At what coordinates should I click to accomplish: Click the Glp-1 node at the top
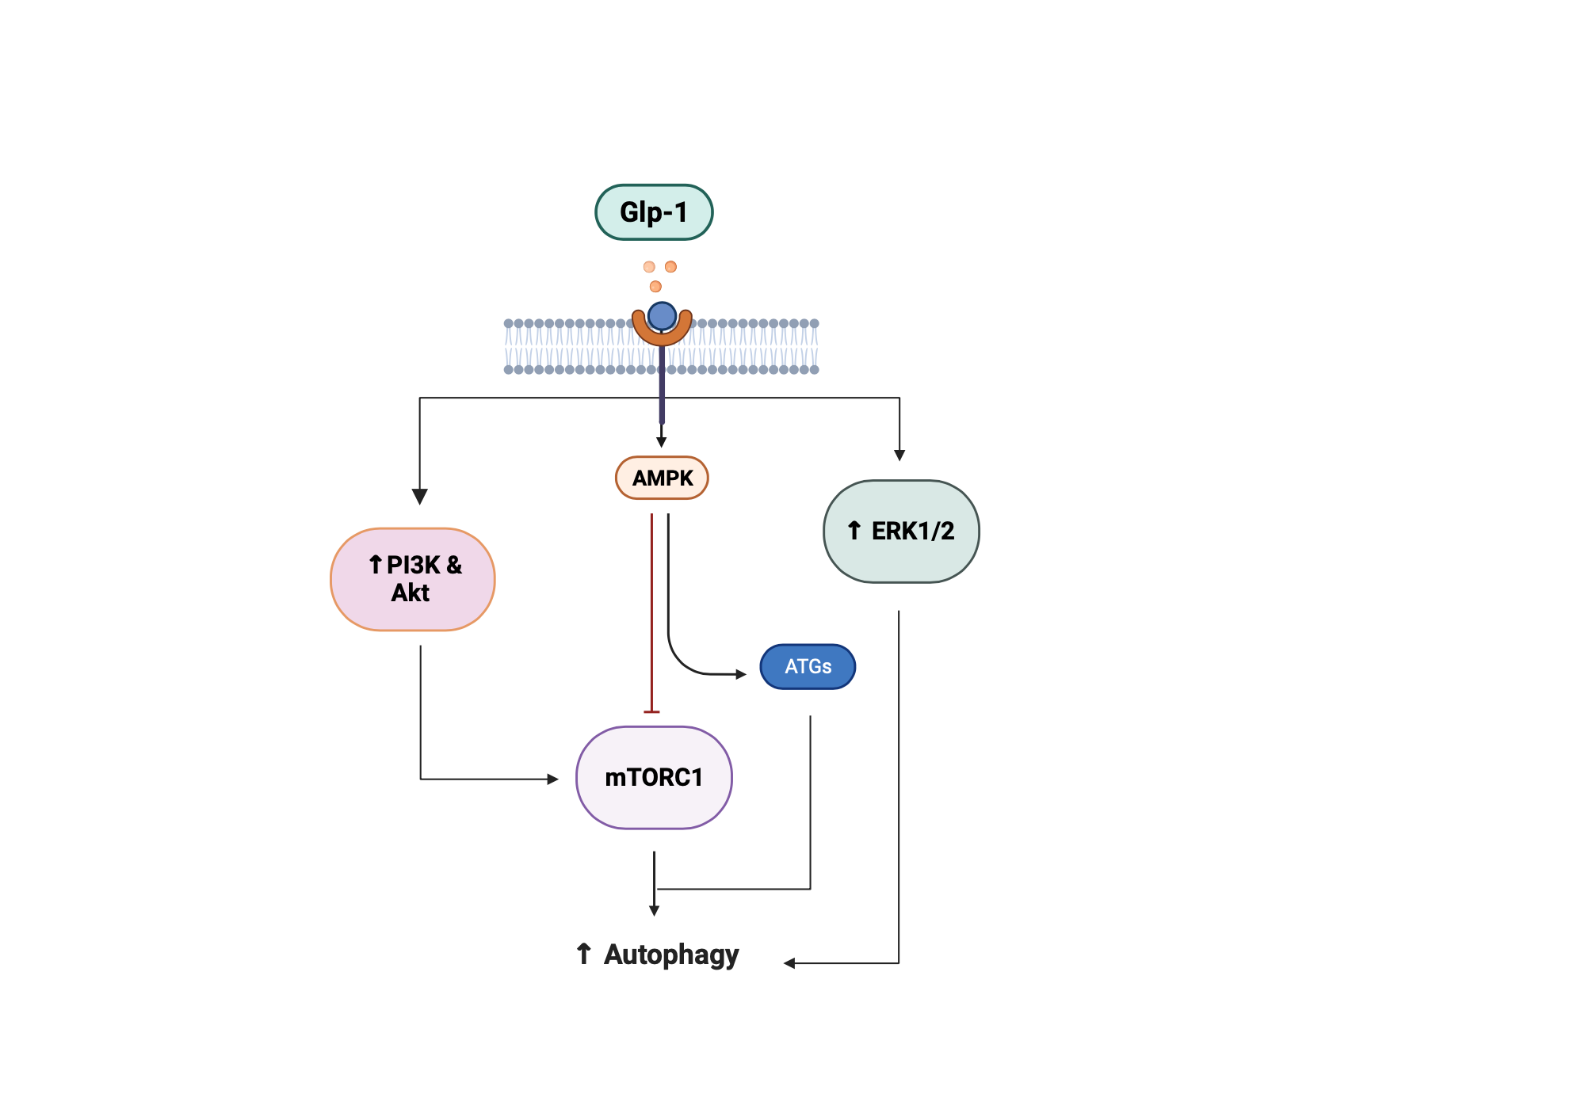pos(654,212)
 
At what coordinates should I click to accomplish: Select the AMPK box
pos(662,478)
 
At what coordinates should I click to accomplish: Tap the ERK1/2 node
pos(901,531)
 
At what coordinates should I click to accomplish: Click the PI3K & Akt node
pos(412,579)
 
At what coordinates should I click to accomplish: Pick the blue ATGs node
pos(808,666)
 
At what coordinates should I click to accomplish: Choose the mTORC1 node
pos(654,777)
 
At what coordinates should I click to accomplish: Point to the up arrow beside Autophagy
pos(584,953)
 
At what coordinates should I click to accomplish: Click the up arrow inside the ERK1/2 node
pos(854,530)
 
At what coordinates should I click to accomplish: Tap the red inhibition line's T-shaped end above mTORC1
pos(651,711)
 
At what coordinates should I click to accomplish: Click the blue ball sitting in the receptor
pos(662,316)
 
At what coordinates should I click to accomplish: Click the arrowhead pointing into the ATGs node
pos(741,674)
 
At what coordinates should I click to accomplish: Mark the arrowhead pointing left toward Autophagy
pos(789,963)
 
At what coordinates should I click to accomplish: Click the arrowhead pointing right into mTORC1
pos(553,779)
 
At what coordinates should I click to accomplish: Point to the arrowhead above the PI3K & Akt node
pos(420,497)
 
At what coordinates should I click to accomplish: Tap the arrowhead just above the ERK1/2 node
pos(899,455)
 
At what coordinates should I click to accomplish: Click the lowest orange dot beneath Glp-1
pos(655,286)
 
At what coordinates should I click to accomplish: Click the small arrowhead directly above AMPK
pos(662,442)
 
